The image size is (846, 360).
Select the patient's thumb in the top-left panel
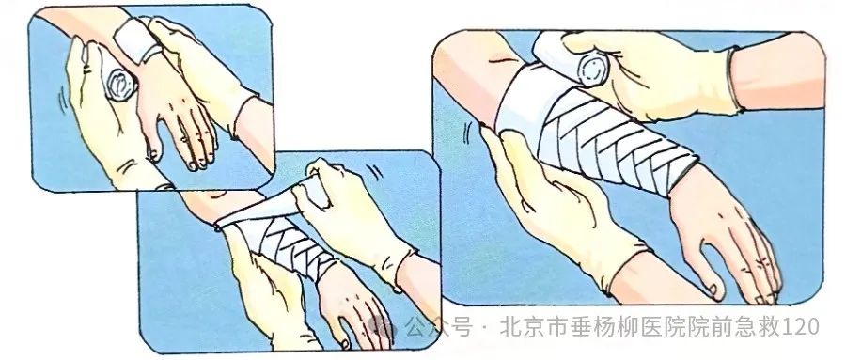click(154, 145)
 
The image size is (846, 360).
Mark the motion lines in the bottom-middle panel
click(374, 172)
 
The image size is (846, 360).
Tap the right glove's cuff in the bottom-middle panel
click(401, 270)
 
